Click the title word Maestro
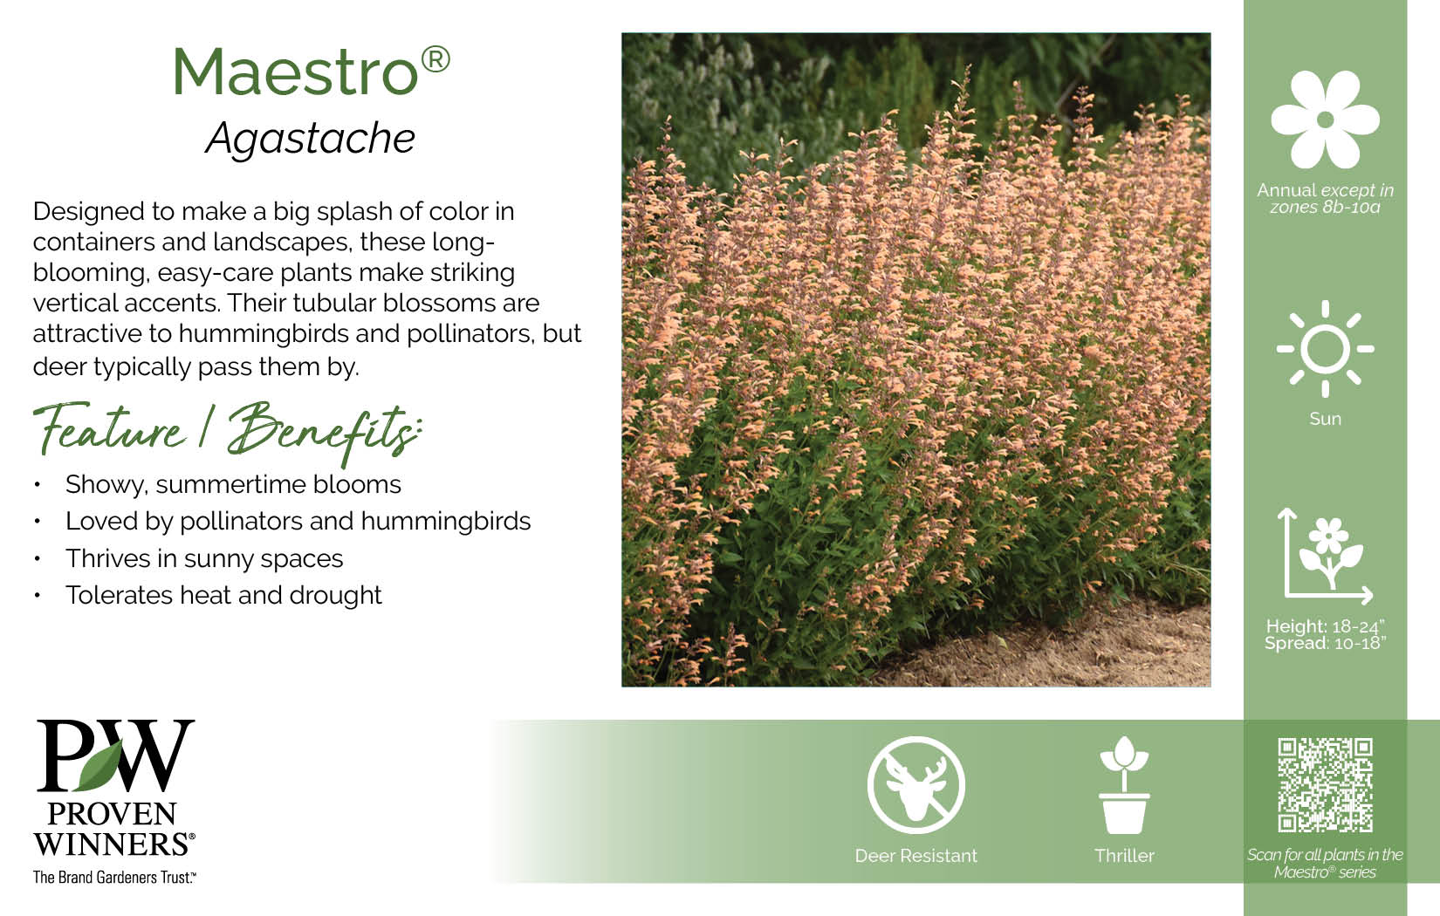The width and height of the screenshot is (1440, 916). point(295,72)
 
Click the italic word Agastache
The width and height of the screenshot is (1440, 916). point(311,138)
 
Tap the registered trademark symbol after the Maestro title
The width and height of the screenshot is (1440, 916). point(435,60)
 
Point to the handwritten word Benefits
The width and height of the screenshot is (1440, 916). point(324,432)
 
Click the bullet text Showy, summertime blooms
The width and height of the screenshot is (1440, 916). point(233,485)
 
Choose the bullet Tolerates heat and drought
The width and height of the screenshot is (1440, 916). point(223,595)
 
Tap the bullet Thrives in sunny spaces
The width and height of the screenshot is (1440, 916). point(204,558)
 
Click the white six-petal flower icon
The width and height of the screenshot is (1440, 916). point(1325,120)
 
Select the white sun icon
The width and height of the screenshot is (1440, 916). point(1325,349)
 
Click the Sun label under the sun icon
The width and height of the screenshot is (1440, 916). point(1325,419)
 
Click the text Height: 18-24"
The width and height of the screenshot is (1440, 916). point(1325,626)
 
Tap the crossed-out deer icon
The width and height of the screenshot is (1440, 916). point(915,785)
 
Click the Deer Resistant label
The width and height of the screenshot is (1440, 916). point(915,856)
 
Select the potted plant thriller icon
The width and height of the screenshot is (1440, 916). point(1124,785)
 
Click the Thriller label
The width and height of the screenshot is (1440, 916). point(1124,856)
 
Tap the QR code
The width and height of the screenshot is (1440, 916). point(1325,785)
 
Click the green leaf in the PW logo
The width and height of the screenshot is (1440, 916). point(99,766)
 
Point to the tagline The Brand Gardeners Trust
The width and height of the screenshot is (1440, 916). point(114,878)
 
